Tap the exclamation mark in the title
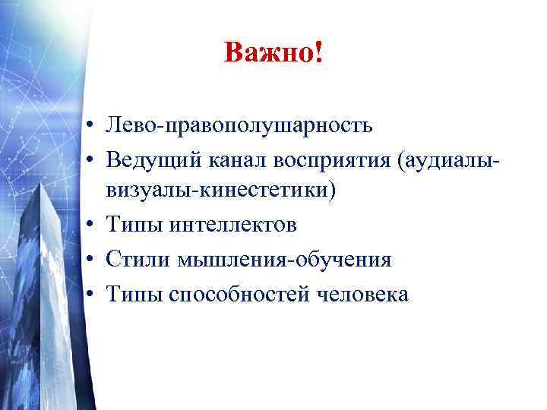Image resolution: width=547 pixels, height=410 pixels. coord(317,54)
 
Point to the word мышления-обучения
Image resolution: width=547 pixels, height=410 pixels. coord(285,259)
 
